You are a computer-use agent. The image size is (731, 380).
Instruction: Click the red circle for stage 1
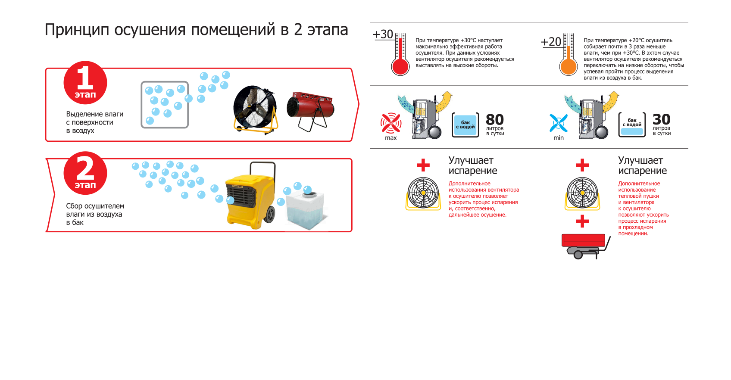coord(85,83)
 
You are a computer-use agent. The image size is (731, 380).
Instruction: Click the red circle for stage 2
coord(85,173)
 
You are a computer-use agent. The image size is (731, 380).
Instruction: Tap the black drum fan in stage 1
coord(255,109)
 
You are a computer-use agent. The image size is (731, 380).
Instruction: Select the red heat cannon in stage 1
coord(310,108)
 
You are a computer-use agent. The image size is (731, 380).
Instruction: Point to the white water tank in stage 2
coord(305,209)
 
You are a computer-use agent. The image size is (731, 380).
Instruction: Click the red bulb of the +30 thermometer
coord(400,67)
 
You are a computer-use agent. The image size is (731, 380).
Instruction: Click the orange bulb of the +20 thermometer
coord(568,67)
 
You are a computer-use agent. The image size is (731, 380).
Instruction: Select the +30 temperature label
coord(383,34)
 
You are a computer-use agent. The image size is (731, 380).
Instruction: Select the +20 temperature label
coord(551,42)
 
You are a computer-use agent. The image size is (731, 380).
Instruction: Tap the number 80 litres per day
coord(495,119)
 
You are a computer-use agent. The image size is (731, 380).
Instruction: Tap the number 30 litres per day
coord(661,119)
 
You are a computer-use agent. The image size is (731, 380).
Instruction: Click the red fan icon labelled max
coord(391,123)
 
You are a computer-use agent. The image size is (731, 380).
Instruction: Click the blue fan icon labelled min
coord(558,123)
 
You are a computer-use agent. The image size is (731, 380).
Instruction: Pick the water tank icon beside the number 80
coord(465,125)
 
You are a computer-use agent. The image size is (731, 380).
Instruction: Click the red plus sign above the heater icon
coord(582,221)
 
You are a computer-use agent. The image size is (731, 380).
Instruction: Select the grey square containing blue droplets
coord(165,105)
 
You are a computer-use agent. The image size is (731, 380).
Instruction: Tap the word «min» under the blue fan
coord(559,138)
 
